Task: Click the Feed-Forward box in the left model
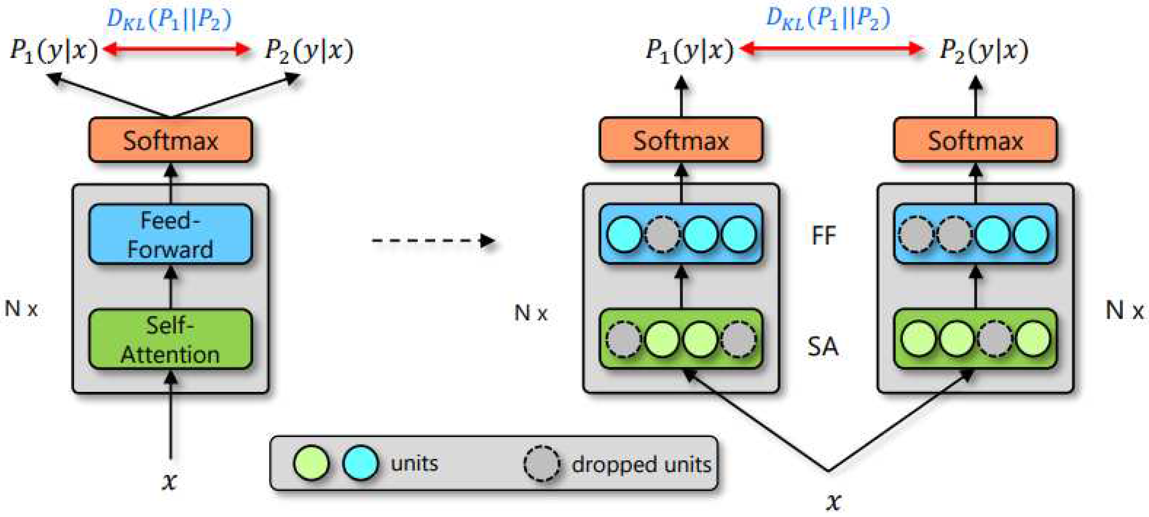click(x=170, y=234)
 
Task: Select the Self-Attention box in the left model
click(x=170, y=339)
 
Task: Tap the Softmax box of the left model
click(x=170, y=140)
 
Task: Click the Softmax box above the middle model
click(x=680, y=140)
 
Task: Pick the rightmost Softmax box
click(x=976, y=140)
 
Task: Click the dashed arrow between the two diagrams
click(x=433, y=241)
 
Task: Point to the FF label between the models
click(x=823, y=235)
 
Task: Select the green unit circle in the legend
click(x=311, y=463)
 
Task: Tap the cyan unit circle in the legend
click(x=360, y=463)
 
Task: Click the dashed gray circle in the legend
click(x=541, y=464)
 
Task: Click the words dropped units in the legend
click(x=641, y=465)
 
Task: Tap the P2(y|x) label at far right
click(x=983, y=50)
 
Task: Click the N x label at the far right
click(x=1124, y=310)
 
